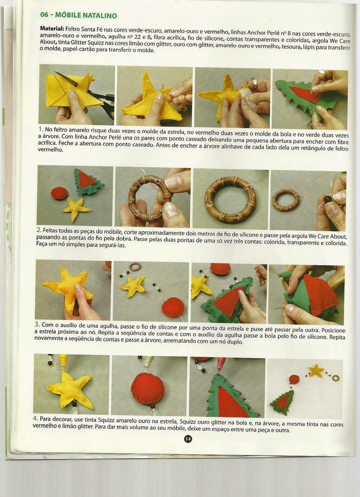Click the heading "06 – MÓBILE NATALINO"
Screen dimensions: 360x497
pos(79,15)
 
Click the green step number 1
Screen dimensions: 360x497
pos(41,129)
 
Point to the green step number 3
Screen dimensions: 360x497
pos(37,324)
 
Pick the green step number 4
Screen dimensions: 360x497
pos(35,418)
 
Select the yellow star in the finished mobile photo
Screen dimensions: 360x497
pos(316,371)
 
